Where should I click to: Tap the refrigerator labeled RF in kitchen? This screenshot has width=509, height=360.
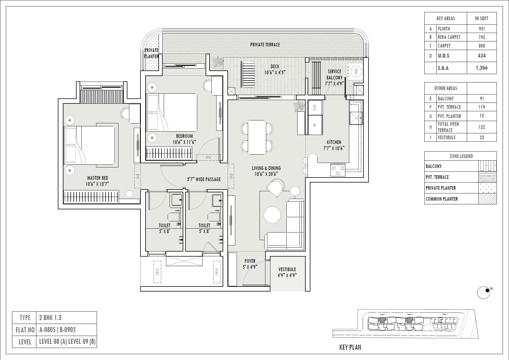coord(315,125)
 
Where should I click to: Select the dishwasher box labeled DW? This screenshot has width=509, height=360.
coord(315,107)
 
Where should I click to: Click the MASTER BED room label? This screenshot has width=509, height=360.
coord(97,178)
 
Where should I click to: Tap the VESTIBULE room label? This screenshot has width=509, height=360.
coord(287,269)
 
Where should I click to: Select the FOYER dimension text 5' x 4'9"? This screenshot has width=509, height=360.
coord(250,267)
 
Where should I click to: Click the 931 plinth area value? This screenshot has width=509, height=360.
coord(482,29)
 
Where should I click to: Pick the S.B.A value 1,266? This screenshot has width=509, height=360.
coord(482,68)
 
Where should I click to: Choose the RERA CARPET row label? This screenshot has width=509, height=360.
coord(449,37)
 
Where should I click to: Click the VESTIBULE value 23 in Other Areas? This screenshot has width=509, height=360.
coord(482,137)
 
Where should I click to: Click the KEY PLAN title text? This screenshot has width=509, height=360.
coord(350,347)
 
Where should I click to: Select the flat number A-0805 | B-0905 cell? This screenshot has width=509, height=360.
coord(58,330)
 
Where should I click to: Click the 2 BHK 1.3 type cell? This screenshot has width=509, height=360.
coord(50,318)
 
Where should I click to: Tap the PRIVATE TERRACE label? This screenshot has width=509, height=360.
coord(265,44)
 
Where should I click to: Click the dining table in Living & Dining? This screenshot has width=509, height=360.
coord(257,137)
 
